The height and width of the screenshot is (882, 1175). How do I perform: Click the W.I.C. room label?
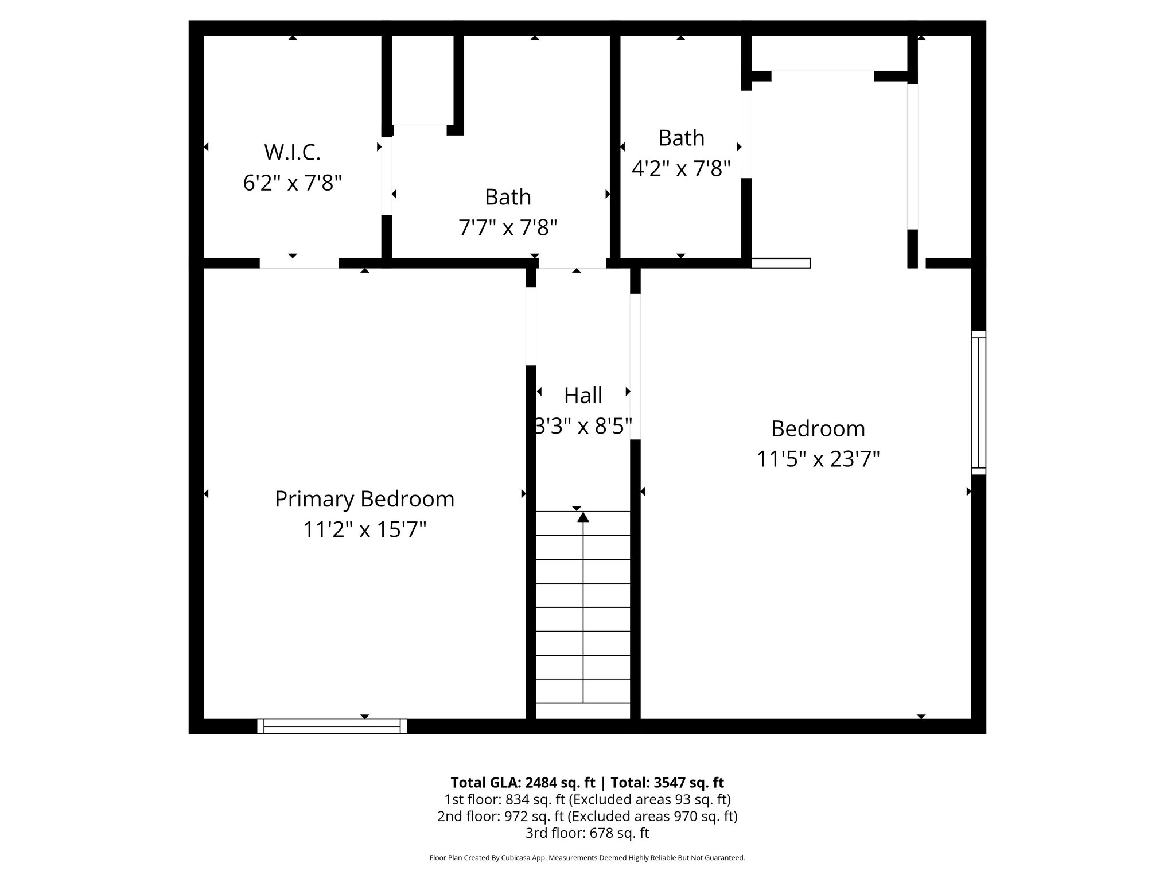[292, 153]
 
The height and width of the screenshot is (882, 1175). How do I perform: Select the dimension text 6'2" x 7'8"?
[292, 183]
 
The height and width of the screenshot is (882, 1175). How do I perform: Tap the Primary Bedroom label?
[364, 499]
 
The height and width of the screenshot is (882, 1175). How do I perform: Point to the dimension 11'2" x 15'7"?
[364, 529]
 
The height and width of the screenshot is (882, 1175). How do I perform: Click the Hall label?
[583, 396]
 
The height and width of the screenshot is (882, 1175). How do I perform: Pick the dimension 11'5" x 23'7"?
[818, 459]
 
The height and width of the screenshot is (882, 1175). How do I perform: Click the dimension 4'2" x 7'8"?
[681, 169]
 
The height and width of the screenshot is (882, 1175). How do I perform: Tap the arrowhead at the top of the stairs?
[583, 517]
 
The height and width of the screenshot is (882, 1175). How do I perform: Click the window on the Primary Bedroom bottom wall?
[332, 726]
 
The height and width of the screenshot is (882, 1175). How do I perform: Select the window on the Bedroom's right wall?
[978, 403]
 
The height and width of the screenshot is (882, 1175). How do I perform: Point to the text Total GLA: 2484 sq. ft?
[523, 783]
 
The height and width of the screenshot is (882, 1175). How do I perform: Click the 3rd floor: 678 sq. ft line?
[587, 833]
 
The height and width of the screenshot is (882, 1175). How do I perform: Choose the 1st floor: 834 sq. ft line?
[587, 799]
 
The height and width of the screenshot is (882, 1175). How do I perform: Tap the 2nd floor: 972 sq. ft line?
[587, 816]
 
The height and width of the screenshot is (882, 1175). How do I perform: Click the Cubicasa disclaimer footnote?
[587, 858]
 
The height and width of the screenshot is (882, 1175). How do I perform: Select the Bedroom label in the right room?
[818, 429]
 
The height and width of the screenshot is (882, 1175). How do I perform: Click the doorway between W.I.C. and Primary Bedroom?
[299, 263]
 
